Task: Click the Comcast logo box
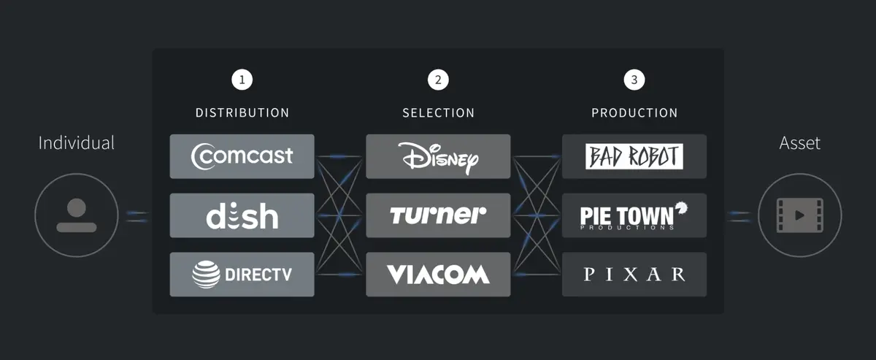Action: (x=242, y=156)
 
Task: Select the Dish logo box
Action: (x=242, y=215)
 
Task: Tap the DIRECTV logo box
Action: (x=242, y=275)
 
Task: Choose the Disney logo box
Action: (x=438, y=156)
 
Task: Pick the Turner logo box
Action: (x=438, y=215)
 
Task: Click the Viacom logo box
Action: (x=438, y=275)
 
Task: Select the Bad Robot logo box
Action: (x=634, y=156)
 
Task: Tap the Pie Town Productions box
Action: (x=634, y=215)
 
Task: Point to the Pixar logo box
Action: (x=634, y=275)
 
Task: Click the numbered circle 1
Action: (x=242, y=80)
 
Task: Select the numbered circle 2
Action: (x=438, y=80)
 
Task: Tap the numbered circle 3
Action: (x=634, y=80)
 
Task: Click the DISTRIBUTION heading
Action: (x=242, y=113)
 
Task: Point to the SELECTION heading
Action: (x=438, y=113)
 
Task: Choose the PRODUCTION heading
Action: (x=634, y=113)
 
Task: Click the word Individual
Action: (x=77, y=143)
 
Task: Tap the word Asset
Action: (x=800, y=143)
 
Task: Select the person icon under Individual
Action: (x=77, y=215)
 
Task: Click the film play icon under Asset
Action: (x=800, y=215)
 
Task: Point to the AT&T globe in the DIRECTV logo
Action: (x=205, y=275)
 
